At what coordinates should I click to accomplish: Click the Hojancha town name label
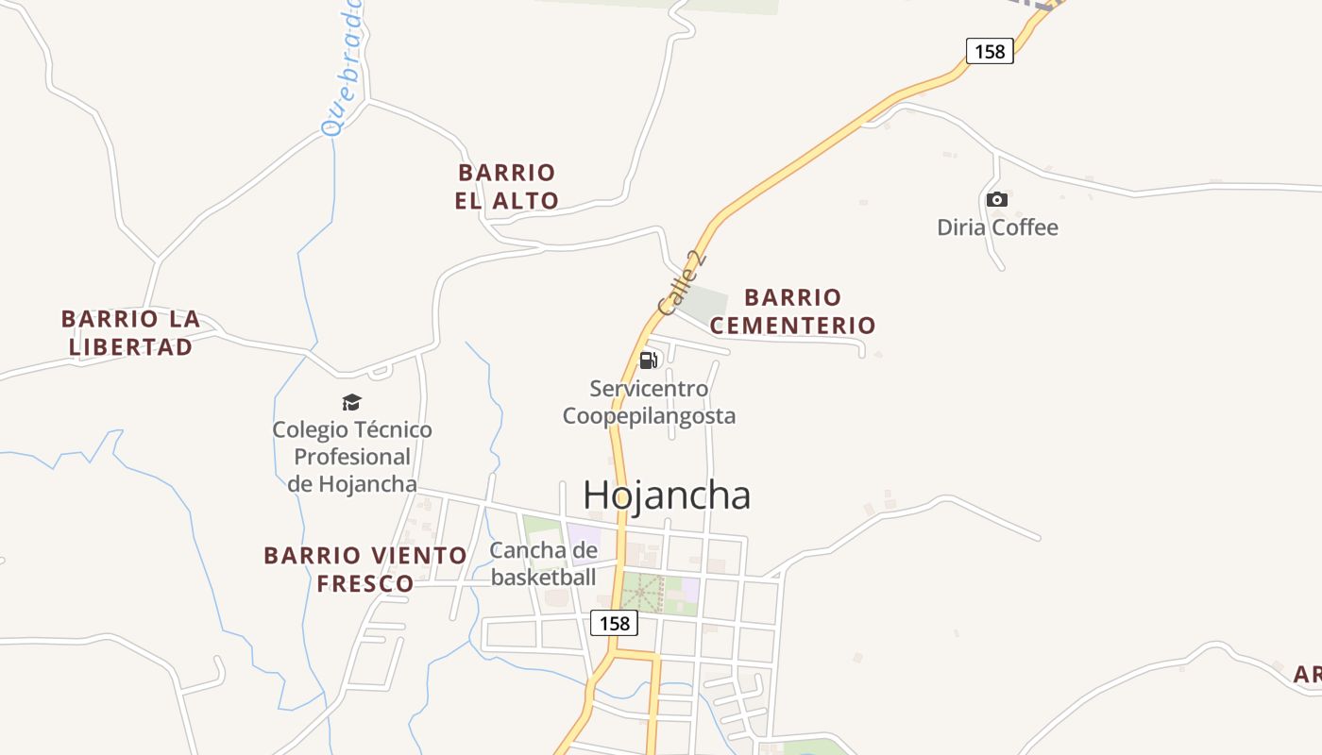(667, 495)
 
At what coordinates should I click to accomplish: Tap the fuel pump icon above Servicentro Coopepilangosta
(648, 360)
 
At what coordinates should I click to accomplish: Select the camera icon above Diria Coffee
(996, 199)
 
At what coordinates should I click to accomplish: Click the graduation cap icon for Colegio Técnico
(351, 403)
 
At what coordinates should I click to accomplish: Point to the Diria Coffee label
(997, 227)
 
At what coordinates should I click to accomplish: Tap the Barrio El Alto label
(507, 187)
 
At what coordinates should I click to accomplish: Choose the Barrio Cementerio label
(793, 311)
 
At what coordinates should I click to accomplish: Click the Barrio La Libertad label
(130, 332)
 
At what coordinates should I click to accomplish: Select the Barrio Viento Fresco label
(365, 569)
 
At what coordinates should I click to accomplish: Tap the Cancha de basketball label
(544, 563)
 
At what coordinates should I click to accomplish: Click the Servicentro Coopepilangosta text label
(649, 402)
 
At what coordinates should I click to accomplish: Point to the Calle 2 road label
(682, 283)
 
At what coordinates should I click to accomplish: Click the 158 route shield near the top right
(990, 51)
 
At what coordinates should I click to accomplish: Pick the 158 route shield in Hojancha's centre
(614, 623)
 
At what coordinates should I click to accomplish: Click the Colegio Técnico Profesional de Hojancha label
(352, 457)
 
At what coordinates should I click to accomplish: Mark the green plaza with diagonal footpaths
(642, 593)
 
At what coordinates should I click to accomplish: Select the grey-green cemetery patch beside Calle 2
(703, 302)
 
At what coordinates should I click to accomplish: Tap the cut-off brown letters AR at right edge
(1307, 675)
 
